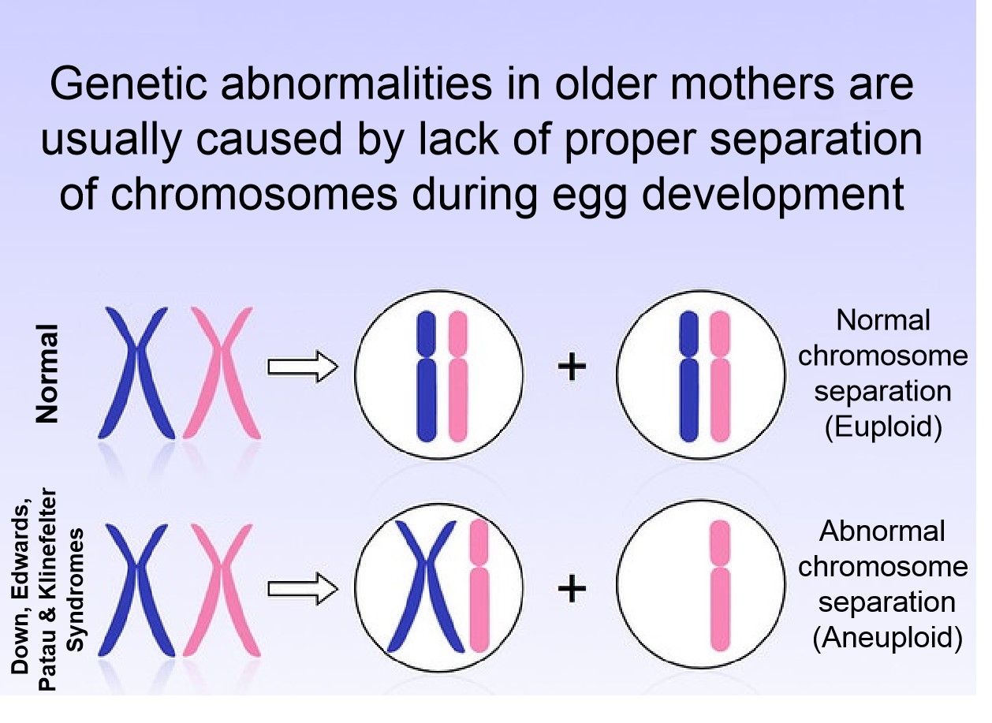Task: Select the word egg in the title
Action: (608, 193)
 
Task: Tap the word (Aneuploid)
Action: (887, 637)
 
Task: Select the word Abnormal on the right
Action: (882, 531)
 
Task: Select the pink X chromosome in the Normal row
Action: (223, 373)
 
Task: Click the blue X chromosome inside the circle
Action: (425, 587)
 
